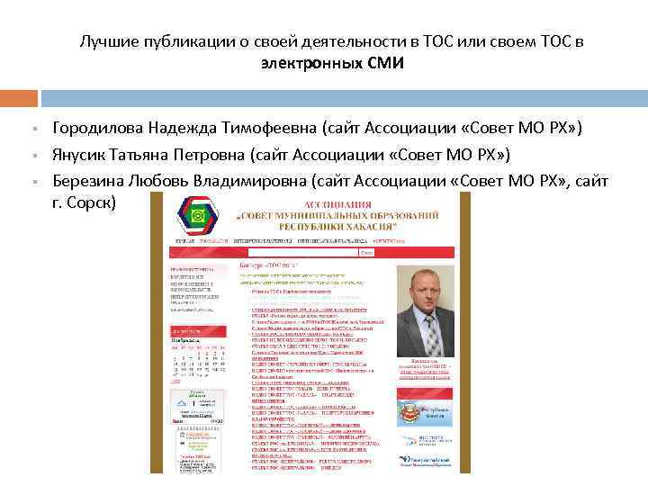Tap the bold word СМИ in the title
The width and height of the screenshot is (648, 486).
coord(386,64)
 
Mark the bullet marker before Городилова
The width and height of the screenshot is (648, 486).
coord(31,130)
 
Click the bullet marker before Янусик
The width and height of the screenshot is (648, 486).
coord(31,155)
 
